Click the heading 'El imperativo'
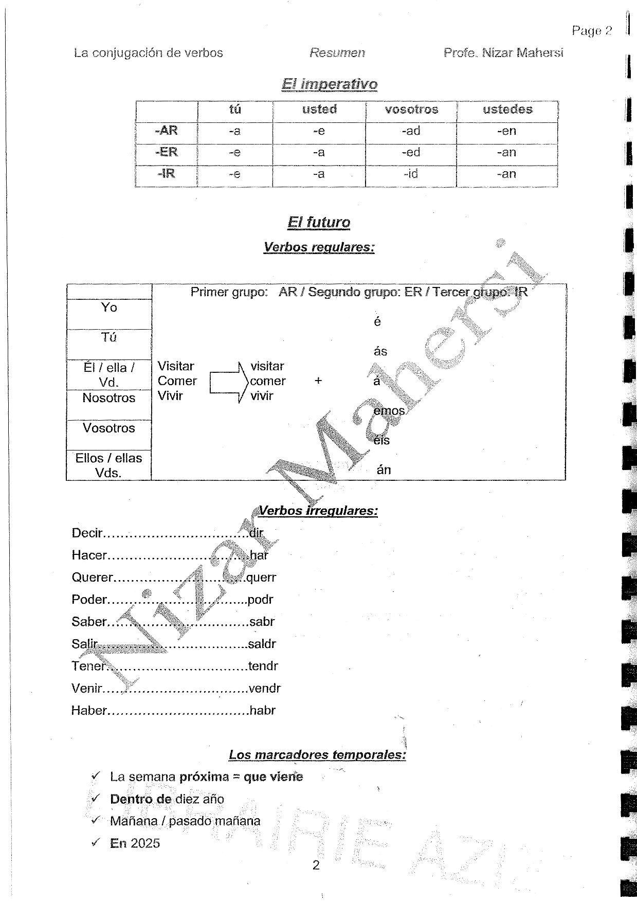click(x=330, y=84)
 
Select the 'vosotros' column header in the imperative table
click(x=411, y=110)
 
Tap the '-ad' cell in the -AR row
click(x=411, y=131)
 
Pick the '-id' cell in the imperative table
click(x=411, y=174)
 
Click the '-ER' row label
click(x=167, y=153)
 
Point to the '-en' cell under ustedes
click(x=506, y=131)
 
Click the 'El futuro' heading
click(x=319, y=222)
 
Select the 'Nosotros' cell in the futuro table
click(x=108, y=398)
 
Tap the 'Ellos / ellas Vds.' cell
click(x=108, y=465)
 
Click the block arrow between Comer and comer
click(x=226, y=382)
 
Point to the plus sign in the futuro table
click(x=318, y=381)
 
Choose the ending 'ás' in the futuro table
click(x=380, y=352)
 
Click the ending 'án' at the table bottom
click(x=384, y=470)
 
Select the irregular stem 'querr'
click(x=262, y=578)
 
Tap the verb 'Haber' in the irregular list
click(x=89, y=711)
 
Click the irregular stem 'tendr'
click(x=263, y=666)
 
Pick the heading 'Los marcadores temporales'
click(x=317, y=755)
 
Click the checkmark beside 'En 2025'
click(x=95, y=842)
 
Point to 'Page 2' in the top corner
click(x=592, y=31)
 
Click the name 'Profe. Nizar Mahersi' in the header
click(x=503, y=53)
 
